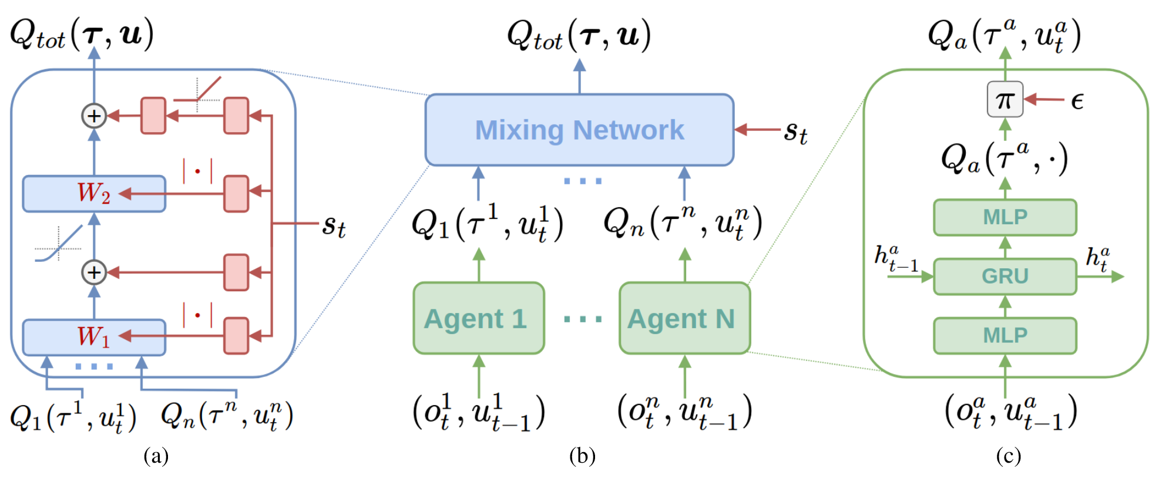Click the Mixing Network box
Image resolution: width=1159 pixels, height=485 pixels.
[x=579, y=130]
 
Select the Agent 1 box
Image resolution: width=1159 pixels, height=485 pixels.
[x=478, y=318]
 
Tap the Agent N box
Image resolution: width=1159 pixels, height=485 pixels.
[x=684, y=318]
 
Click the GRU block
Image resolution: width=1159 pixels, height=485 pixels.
[x=1005, y=276]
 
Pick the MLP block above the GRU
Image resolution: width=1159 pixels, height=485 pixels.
[x=1005, y=217]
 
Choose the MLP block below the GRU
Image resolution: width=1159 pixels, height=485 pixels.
[x=1005, y=335]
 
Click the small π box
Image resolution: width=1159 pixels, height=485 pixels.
[x=1005, y=100]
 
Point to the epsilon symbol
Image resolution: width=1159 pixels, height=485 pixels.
[x=1077, y=101]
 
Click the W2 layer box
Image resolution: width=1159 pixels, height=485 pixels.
[x=94, y=193]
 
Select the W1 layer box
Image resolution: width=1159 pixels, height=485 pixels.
[x=94, y=337]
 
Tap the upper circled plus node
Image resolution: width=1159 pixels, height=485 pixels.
[x=94, y=116]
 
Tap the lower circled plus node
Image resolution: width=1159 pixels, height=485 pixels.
[x=94, y=272]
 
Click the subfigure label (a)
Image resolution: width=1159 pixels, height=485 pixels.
[x=156, y=456]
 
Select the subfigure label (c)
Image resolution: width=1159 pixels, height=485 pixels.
[x=1008, y=456]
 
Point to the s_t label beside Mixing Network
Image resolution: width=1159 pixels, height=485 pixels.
[x=795, y=132]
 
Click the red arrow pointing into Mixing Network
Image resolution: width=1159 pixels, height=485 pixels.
[x=758, y=129]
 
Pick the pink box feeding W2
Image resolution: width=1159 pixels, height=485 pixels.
[x=236, y=193]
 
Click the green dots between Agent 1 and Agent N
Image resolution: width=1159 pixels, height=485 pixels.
[x=582, y=319]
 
